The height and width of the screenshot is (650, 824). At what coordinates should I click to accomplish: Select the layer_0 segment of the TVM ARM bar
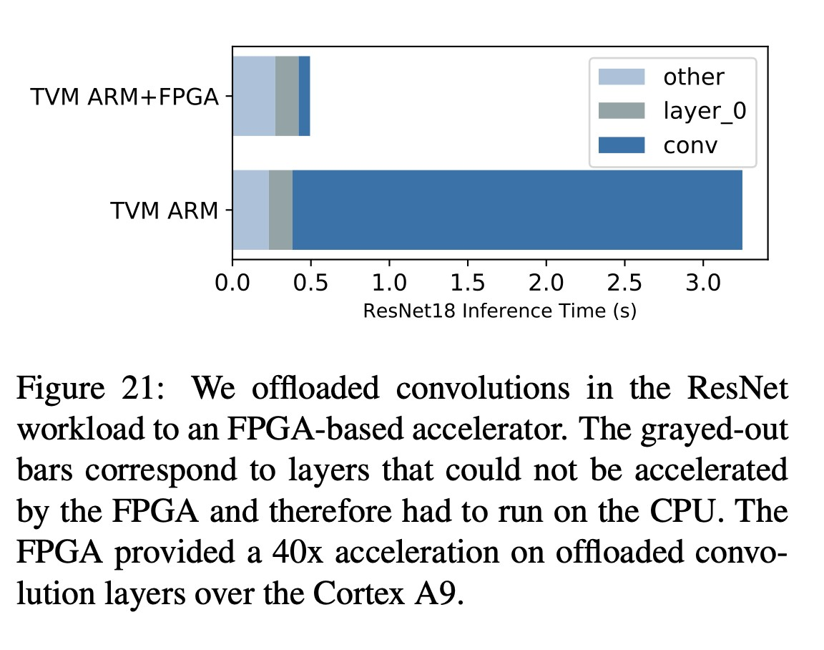[280, 210]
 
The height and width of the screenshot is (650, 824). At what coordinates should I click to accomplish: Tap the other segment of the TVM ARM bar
[250, 210]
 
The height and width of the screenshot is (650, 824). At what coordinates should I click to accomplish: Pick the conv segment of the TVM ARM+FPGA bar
[304, 96]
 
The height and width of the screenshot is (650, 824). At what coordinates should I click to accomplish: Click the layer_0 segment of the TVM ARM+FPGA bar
[287, 96]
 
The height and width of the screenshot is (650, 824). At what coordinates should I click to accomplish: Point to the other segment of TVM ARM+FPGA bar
[254, 96]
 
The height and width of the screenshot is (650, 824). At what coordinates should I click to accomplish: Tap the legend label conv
[690, 145]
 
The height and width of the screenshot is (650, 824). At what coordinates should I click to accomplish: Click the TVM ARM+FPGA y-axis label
[124, 97]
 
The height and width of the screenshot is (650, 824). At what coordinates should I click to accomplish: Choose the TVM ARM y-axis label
[164, 211]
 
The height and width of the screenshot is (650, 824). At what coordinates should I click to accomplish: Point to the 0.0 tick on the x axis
[232, 281]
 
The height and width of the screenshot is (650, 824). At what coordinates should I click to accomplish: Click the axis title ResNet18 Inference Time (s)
[499, 311]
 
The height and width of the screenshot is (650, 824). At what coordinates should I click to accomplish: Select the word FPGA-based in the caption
[335, 430]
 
